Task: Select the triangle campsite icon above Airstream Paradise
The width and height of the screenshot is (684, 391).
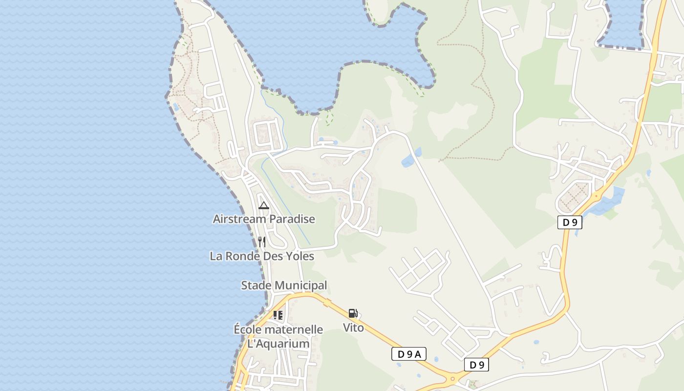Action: point(264,205)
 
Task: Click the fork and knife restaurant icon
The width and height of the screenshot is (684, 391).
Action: point(262,241)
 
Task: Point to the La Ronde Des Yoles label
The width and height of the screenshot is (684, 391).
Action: point(262,256)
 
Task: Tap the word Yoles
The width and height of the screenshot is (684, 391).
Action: point(298,256)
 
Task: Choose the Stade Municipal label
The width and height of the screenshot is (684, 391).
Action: point(284,285)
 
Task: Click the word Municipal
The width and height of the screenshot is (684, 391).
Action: point(301,285)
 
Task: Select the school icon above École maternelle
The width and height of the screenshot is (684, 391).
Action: point(278,315)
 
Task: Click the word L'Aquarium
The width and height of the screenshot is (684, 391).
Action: point(278,344)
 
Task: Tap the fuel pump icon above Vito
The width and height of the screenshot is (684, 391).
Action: point(353,313)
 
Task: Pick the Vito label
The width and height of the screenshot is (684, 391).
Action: point(353,327)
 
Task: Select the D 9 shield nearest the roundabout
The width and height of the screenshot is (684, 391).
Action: point(476,365)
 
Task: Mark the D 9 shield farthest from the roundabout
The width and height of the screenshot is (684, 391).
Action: point(570,222)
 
